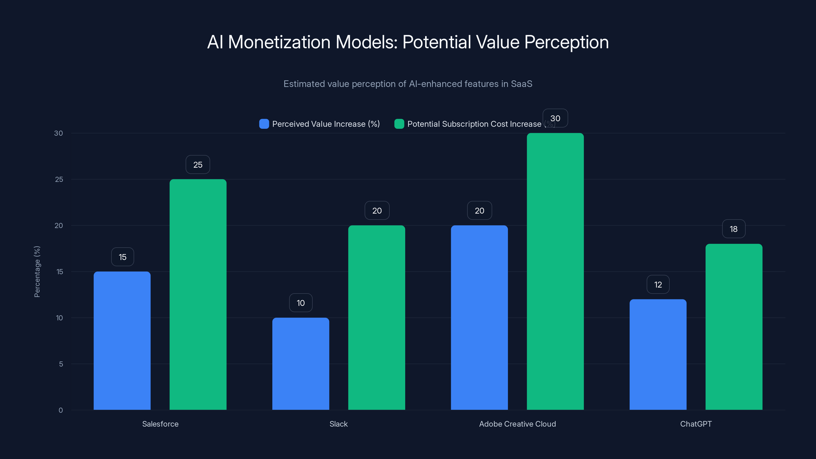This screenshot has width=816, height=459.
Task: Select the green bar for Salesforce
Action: point(198,295)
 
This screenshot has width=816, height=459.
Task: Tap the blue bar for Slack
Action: point(301,364)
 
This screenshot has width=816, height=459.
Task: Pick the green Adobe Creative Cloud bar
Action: point(555,272)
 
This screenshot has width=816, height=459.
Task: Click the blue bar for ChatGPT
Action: point(658,354)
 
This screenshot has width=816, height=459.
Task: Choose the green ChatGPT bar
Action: point(734,327)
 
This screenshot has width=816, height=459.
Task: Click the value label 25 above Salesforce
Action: point(198,165)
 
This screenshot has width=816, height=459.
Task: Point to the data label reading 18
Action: point(734,229)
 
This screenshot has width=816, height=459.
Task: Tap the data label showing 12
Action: point(658,285)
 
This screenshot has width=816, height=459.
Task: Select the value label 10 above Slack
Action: point(301,303)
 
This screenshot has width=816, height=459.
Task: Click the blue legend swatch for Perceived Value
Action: point(264,124)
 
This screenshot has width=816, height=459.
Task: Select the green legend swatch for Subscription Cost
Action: point(399,124)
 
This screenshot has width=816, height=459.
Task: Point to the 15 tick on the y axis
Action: point(60,272)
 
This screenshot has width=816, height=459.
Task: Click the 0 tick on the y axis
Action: point(60,410)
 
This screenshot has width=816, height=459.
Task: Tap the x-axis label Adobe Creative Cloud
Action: point(517,424)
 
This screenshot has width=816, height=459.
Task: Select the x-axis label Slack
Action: point(338,424)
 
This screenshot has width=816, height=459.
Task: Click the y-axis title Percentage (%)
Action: point(37,272)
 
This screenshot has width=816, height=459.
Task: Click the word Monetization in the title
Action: point(279,42)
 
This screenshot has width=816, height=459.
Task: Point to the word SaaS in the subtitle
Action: point(521,84)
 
